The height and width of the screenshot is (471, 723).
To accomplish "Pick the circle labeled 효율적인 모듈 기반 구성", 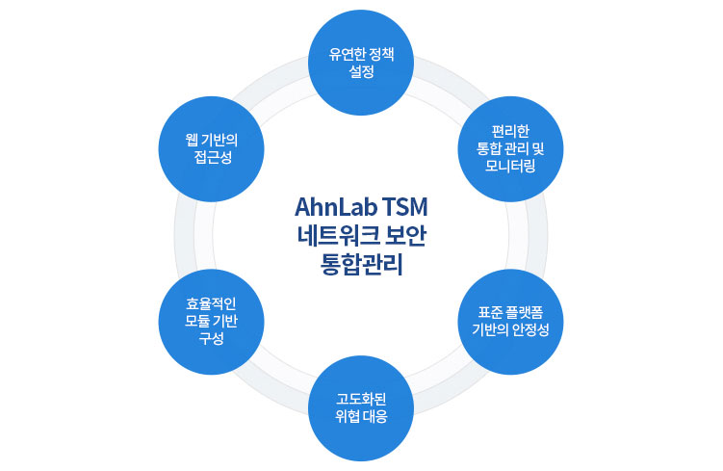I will (211, 323).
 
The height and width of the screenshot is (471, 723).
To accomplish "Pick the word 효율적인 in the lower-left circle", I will (211, 304).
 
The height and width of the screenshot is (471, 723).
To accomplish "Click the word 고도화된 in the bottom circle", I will (361, 399).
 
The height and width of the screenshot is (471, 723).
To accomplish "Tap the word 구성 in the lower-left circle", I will (211, 339).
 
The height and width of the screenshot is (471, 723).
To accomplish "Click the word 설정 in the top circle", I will (361, 70).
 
